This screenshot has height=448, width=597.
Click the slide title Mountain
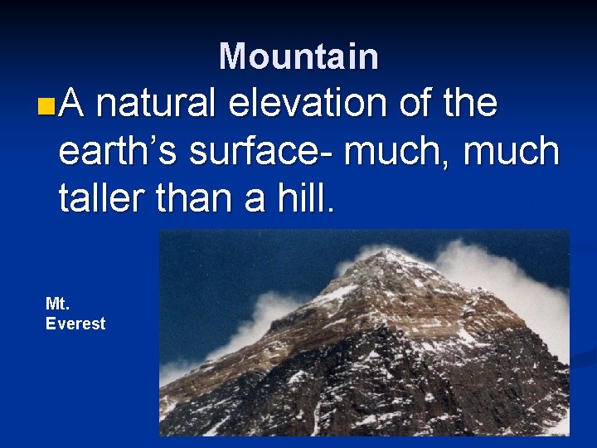(x=298, y=56)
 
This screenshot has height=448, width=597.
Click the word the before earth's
(x=470, y=105)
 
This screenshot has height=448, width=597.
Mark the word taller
(x=101, y=200)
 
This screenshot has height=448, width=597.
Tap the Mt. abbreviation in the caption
(x=57, y=304)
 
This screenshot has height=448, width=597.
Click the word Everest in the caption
(x=75, y=324)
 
